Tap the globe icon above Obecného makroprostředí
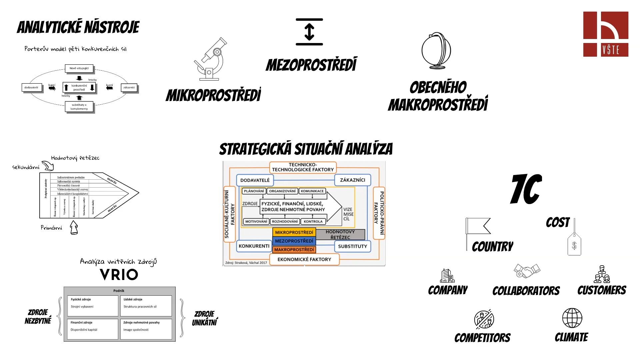tap(436, 51)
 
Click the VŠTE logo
tap(606, 34)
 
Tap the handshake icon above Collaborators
tap(527, 271)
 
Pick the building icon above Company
tap(447, 276)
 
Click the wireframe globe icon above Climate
tap(572, 318)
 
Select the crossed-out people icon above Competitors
tap(484, 319)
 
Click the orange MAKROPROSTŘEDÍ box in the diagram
tap(294, 249)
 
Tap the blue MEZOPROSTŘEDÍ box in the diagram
tap(294, 241)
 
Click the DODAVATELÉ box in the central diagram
tap(255, 180)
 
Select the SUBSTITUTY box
tap(352, 246)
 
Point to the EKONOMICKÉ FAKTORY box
tap(304, 259)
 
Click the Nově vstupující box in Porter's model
tap(79, 68)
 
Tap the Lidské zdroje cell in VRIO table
tap(146, 305)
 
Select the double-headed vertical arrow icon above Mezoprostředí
tap(309, 32)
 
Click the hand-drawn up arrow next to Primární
tap(74, 228)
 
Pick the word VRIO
tap(119, 275)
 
